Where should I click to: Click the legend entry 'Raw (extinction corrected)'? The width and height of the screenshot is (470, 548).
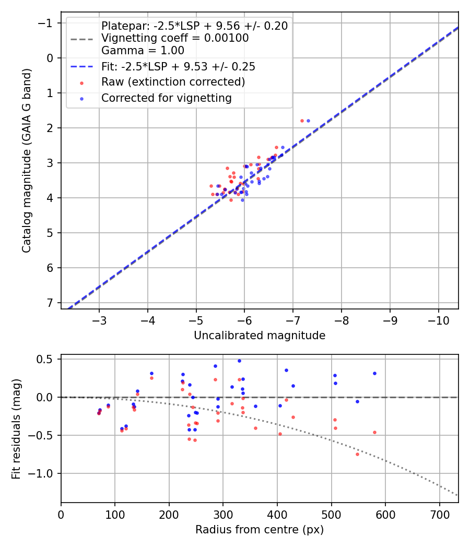coord(173,82)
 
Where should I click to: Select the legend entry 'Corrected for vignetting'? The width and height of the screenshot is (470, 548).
coord(166,98)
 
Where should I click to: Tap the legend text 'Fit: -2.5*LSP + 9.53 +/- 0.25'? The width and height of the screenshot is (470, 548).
coord(178,66)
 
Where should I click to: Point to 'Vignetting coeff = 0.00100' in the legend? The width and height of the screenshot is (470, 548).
coord(175,38)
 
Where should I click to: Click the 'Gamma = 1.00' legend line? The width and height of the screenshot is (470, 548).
coord(143,51)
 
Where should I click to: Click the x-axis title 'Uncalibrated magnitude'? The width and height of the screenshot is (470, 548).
coord(260,336)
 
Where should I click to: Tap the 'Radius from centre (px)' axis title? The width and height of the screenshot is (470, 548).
coord(260,530)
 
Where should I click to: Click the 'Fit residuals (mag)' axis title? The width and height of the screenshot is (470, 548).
coord(16,428)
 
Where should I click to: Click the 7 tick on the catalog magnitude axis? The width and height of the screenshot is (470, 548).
coord(50,303)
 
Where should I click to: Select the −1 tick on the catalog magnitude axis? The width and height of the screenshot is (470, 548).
coord(46,23)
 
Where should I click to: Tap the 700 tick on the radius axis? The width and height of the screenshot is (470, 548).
coord(439,514)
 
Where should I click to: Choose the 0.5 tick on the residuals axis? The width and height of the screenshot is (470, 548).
coord(46,359)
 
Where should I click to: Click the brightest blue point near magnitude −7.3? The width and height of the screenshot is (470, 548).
coord(308,121)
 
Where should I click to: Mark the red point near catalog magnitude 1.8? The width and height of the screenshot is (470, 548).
coord(302,121)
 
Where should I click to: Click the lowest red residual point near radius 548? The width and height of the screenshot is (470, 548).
coord(357,454)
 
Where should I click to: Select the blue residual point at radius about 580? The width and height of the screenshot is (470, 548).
coord(374,373)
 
